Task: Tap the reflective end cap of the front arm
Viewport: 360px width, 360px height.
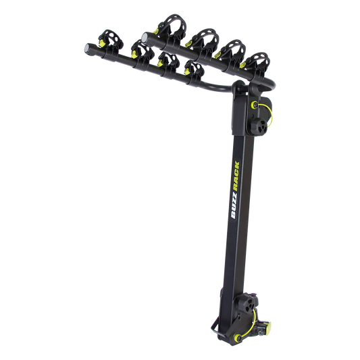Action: click(x=88, y=48)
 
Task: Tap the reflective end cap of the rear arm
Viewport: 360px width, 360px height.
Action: click(x=145, y=38)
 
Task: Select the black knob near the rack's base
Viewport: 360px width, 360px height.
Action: click(x=246, y=304)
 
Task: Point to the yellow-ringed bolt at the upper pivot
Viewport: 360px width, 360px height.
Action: click(x=255, y=105)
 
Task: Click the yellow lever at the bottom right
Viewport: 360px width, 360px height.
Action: click(x=267, y=326)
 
